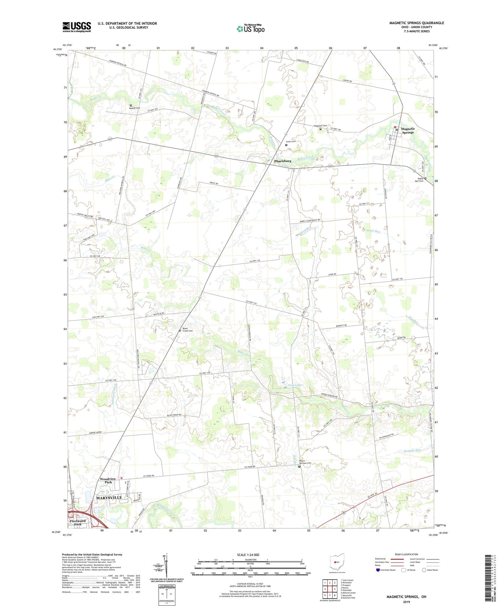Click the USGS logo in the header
(77, 27)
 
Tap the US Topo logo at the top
(251, 29)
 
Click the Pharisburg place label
(283, 161)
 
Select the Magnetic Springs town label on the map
(408, 131)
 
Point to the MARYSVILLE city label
(109, 497)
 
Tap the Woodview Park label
(108, 481)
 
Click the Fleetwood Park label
(78, 523)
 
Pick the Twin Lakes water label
(295, 385)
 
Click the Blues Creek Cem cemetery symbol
(180, 331)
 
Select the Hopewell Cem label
(320, 126)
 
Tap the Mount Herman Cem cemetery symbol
(299, 466)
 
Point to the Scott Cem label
(291, 141)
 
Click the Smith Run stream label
(373, 231)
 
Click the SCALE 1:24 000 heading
(248, 555)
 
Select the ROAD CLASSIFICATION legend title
(407, 554)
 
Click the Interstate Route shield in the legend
(378, 570)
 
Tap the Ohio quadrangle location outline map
(337, 562)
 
